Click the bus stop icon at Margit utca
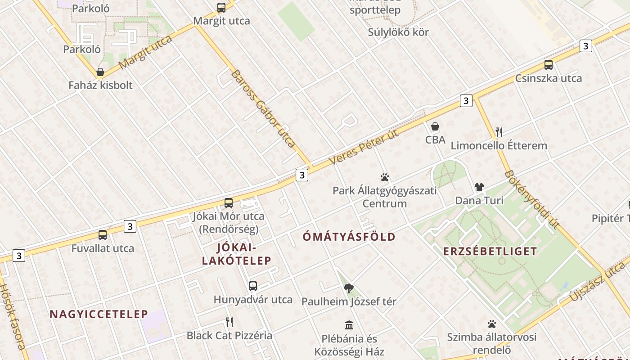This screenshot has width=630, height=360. click(x=221, y=7)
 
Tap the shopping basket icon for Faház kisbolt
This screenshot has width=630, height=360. click(x=100, y=72)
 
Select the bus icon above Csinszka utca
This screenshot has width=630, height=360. click(x=548, y=65)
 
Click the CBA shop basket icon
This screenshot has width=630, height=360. click(x=435, y=127)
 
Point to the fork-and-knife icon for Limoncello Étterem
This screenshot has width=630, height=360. click(x=499, y=132)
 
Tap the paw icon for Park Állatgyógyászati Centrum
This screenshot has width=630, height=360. click(x=384, y=177)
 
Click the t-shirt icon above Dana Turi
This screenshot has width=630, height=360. click(x=479, y=187)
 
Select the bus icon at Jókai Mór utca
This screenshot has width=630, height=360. click(x=229, y=203)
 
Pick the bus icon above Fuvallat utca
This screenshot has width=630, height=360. click(x=103, y=235)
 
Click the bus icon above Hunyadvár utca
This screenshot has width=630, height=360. click(x=253, y=286)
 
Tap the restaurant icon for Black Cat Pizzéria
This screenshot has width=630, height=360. click(x=229, y=322)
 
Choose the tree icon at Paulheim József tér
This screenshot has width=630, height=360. click(x=349, y=288)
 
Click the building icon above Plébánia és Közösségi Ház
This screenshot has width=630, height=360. click(x=349, y=325)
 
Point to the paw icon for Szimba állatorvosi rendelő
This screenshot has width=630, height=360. click(x=491, y=324)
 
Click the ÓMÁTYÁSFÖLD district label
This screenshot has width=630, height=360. click(x=349, y=237)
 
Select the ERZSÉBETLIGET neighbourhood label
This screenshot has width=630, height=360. click(x=490, y=251)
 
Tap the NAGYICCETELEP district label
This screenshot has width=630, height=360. click(x=99, y=314)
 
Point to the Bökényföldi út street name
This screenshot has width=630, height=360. click(x=531, y=199)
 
